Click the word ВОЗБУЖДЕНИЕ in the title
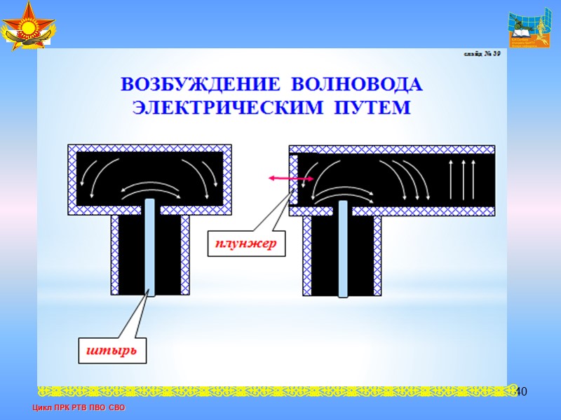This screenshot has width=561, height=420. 199,85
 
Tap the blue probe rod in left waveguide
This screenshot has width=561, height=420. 149,245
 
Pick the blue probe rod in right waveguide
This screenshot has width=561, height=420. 342,245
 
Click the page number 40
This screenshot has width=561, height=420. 520,392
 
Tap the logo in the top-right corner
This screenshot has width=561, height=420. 530,30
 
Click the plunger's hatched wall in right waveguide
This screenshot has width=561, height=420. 294,178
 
